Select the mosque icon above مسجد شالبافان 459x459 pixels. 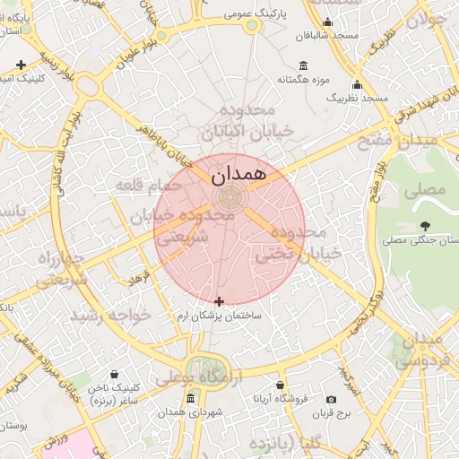pyautogui.click(x=327, y=23)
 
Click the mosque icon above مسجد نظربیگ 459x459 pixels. pyautogui.click(x=357, y=84)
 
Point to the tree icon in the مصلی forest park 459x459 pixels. pyautogui.click(x=425, y=226)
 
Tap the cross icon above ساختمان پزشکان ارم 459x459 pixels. pyautogui.click(x=221, y=301)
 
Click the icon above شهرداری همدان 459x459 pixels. pyautogui.click(x=190, y=399)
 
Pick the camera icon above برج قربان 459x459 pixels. pyautogui.click(x=332, y=399)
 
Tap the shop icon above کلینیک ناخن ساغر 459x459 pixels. pyautogui.click(x=113, y=374)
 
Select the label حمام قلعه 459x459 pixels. pyautogui.click(x=148, y=185)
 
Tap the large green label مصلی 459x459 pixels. pyautogui.click(x=425, y=189)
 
